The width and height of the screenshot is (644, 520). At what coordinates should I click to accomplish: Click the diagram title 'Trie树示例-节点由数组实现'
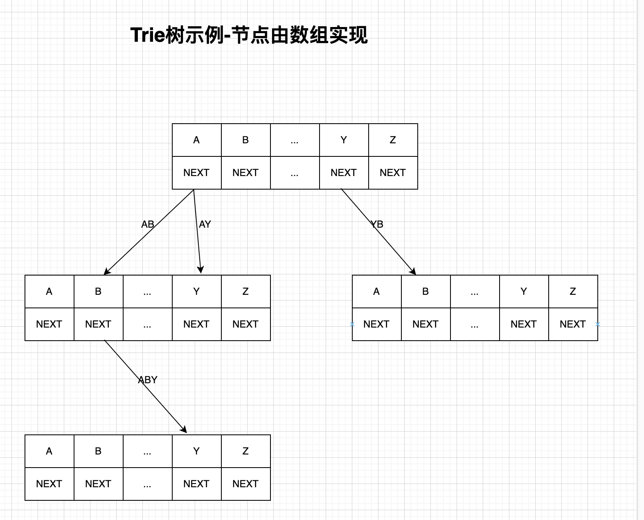(249, 35)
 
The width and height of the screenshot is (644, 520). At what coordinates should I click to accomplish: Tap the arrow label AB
(148, 224)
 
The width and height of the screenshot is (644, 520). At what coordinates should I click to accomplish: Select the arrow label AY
(205, 224)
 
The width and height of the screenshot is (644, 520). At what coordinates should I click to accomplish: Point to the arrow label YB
(377, 224)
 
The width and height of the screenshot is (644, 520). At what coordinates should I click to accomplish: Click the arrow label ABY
(148, 380)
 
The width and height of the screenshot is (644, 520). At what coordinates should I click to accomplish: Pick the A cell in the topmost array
(196, 140)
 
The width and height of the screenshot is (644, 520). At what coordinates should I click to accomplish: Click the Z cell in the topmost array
(393, 140)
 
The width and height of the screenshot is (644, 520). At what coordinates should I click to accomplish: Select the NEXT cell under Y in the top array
(344, 173)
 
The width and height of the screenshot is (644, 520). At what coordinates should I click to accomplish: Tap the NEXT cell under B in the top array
(245, 173)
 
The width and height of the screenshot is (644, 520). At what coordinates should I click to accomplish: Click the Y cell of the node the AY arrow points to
(196, 292)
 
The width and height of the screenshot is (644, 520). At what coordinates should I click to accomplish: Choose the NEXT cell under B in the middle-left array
(98, 324)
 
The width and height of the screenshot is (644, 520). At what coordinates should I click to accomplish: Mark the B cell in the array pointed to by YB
(426, 292)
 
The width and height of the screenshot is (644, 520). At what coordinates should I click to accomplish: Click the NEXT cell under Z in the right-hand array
(573, 324)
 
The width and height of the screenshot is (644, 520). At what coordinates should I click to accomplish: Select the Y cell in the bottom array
(196, 451)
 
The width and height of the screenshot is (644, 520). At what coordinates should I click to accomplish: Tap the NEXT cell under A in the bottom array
(49, 484)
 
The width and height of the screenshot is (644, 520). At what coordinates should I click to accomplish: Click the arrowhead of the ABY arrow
(184, 430)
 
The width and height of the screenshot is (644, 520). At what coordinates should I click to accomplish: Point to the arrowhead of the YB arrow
(413, 272)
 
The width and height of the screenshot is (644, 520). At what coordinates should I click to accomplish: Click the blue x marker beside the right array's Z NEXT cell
(598, 324)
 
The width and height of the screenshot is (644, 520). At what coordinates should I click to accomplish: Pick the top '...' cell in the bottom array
(147, 451)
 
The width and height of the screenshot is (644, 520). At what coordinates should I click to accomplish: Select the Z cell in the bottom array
(245, 451)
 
